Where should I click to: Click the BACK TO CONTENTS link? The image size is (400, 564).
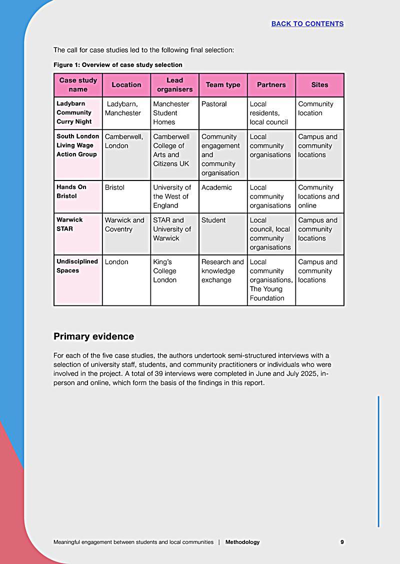(307, 23)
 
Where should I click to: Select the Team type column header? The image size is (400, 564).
(223, 85)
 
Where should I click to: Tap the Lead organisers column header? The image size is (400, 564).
(174, 85)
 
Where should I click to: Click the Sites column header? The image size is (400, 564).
(319, 85)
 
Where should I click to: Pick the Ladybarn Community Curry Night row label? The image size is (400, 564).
(74, 112)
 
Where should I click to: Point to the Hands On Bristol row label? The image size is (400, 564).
(71, 191)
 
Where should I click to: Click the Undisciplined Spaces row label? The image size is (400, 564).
(77, 266)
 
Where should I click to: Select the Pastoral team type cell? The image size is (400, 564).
(214, 104)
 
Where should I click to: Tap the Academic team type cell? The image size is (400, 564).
(216, 187)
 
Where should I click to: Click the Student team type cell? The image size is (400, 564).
(213, 220)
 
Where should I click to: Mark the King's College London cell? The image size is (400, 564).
(165, 271)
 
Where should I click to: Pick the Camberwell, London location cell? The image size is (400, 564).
(123, 141)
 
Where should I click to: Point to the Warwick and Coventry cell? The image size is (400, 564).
(124, 224)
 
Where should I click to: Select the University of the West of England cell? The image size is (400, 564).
(172, 196)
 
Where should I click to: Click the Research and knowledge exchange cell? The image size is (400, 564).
(222, 271)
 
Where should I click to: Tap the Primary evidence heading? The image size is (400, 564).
(94, 336)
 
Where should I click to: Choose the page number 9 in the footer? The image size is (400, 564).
(342, 542)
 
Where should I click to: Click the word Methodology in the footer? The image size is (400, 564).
(242, 542)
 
